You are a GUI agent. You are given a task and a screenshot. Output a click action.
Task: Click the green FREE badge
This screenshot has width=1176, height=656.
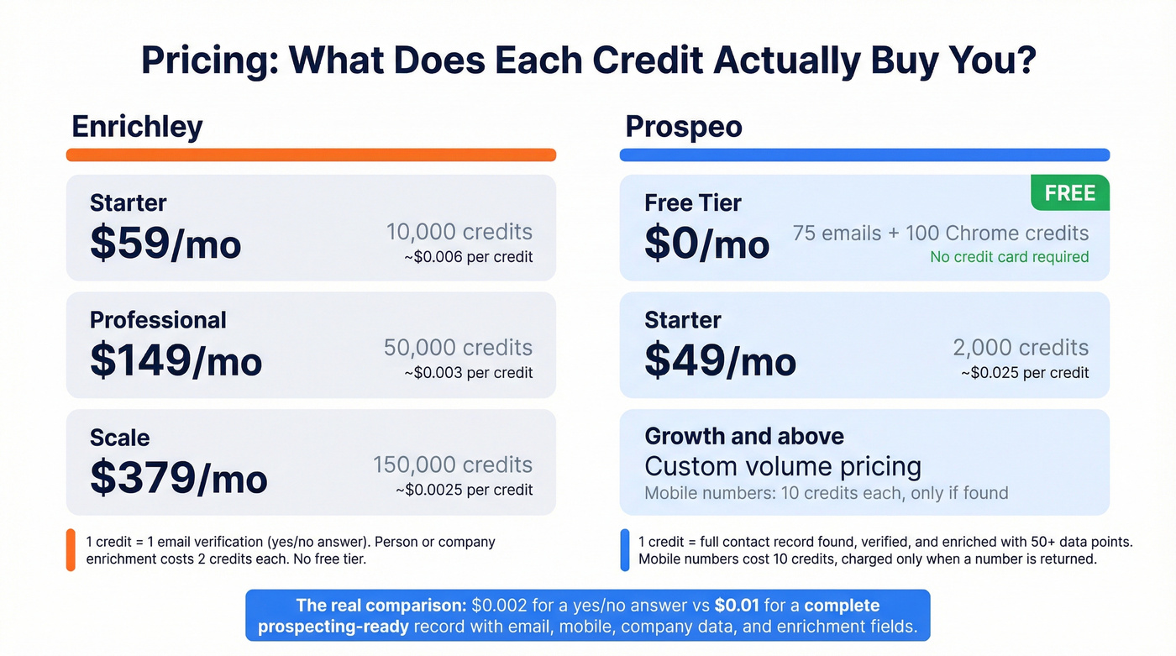(x=1069, y=193)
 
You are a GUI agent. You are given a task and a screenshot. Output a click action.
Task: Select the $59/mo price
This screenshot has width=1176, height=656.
(x=165, y=244)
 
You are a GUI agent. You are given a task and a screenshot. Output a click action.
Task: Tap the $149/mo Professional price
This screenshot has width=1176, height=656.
(x=176, y=360)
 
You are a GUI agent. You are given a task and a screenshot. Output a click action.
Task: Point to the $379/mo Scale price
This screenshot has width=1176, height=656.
(x=178, y=478)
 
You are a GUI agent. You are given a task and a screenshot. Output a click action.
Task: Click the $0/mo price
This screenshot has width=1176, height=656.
(x=706, y=244)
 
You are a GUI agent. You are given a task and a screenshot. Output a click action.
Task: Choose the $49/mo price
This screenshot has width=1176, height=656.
(x=720, y=360)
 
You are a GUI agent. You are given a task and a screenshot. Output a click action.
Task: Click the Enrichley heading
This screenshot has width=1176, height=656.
(x=137, y=126)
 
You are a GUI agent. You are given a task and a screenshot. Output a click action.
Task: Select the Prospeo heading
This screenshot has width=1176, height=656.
(x=684, y=127)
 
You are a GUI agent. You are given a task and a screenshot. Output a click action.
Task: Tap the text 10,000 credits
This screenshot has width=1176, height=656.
(x=459, y=232)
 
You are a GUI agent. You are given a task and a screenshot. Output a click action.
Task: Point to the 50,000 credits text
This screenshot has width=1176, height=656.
(x=458, y=348)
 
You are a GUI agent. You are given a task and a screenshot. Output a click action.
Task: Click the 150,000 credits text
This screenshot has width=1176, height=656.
(x=453, y=464)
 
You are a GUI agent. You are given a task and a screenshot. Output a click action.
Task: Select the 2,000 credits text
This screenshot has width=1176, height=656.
(x=1021, y=348)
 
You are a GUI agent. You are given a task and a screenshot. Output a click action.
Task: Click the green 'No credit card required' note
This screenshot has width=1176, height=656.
(x=1009, y=257)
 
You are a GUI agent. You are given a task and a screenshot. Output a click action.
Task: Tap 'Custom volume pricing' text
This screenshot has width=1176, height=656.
(x=782, y=466)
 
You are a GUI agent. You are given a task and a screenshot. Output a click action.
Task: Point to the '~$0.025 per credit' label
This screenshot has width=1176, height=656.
(x=1025, y=373)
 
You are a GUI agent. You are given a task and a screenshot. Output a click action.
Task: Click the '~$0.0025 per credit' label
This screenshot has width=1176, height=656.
(x=464, y=490)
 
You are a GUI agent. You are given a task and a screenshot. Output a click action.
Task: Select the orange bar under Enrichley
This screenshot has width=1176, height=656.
(x=311, y=155)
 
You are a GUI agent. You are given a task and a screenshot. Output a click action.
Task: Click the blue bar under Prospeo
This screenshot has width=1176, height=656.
(x=864, y=155)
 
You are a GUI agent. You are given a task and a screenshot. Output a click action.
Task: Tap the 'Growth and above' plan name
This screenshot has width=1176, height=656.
(x=744, y=436)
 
